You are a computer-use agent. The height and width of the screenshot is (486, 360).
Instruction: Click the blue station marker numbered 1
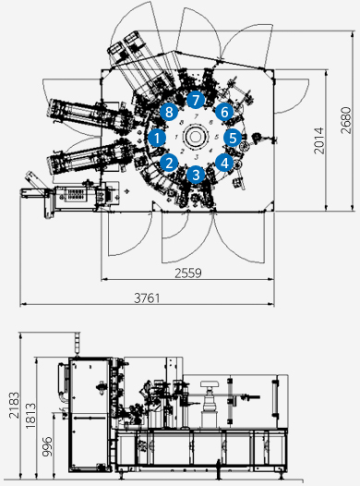pyautogui.click(x=157, y=138)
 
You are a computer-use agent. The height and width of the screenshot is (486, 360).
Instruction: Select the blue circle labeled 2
pyautogui.click(x=169, y=163)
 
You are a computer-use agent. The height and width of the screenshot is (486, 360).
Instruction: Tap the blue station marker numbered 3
pyautogui.click(x=196, y=175)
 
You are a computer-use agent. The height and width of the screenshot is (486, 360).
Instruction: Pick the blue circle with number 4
pyautogui.click(x=224, y=163)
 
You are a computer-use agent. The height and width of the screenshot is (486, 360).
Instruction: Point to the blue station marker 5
pyautogui.click(x=233, y=138)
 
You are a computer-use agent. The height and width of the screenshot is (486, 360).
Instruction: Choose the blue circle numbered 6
pyautogui.click(x=224, y=112)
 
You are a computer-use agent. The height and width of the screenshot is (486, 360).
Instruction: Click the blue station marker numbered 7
pyautogui.click(x=196, y=100)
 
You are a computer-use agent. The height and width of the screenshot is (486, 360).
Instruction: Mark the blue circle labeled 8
pyautogui.click(x=169, y=112)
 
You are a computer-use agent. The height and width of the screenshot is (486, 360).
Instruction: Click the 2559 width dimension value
pyautogui.click(x=188, y=273)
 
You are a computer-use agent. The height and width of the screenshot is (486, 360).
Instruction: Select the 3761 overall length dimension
pyautogui.click(x=147, y=298)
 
